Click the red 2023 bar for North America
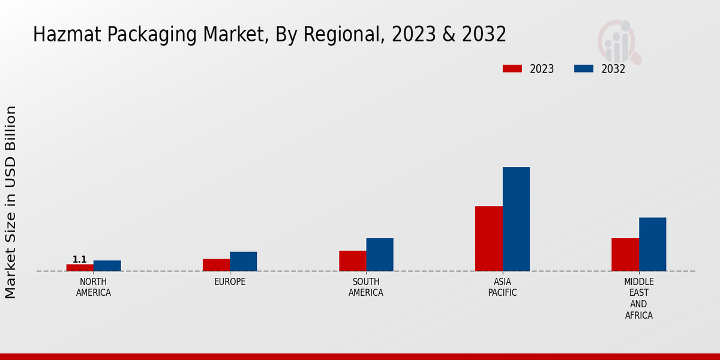[x=80, y=268]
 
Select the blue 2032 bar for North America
[x=107, y=266]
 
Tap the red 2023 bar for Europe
[x=216, y=265]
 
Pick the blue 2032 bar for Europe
[x=243, y=262]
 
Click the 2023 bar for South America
[x=352, y=261]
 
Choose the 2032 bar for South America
[x=380, y=254]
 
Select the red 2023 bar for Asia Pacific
[x=488, y=239]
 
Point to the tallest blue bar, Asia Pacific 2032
[x=516, y=219]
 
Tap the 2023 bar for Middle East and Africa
[x=625, y=254]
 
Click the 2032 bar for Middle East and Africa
[x=652, y=244]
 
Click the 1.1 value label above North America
[x=80, y=259]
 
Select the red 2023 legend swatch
[x=512, y=68]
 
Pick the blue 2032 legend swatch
[x=583, y=68]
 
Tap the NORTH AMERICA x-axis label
[x=94, y=287]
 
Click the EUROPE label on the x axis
[x=230, y=282]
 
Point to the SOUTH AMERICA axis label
[x=366, y=287]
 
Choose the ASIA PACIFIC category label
[x=502, y=287]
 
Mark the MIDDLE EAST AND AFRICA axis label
[x=638, y=298]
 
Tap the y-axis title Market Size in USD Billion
[x=11, y=202]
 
